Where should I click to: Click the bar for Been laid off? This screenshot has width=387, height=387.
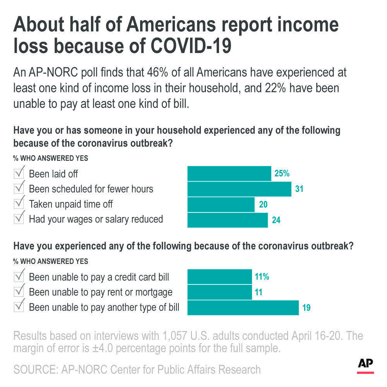tap(229, 174)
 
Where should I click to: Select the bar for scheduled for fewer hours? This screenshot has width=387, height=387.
tap(239, 189)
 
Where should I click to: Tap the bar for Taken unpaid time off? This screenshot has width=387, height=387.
tap(221, 204)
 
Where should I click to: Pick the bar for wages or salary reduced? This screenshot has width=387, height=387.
tap(228, 220)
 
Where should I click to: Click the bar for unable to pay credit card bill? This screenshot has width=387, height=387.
tap(219, 277)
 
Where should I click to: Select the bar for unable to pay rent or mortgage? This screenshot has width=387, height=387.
tap(219, 292)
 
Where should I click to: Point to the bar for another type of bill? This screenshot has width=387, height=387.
tap(243, 308)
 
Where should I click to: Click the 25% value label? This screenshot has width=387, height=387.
tap(282, 173)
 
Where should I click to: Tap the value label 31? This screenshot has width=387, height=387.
tap(299, 189)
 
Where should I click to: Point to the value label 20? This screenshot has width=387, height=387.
tap(263, 204)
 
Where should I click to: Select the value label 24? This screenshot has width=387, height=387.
tap(276, 220)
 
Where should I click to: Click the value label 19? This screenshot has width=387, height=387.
tap(307, 308)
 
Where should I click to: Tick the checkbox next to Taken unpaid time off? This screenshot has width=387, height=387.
tap(19, 203)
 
